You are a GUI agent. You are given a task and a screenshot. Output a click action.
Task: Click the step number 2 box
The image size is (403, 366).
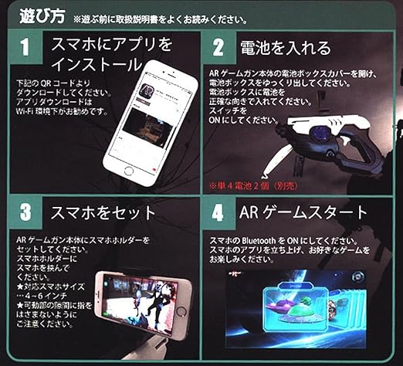(x=219, y=49)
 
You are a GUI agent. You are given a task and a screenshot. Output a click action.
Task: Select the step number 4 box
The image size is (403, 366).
(x=219, y=213)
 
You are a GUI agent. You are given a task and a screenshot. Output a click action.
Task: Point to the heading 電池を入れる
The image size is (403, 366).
(x=286, y=48)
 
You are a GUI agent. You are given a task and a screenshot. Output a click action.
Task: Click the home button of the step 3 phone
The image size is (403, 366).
(x=179, y=311)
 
